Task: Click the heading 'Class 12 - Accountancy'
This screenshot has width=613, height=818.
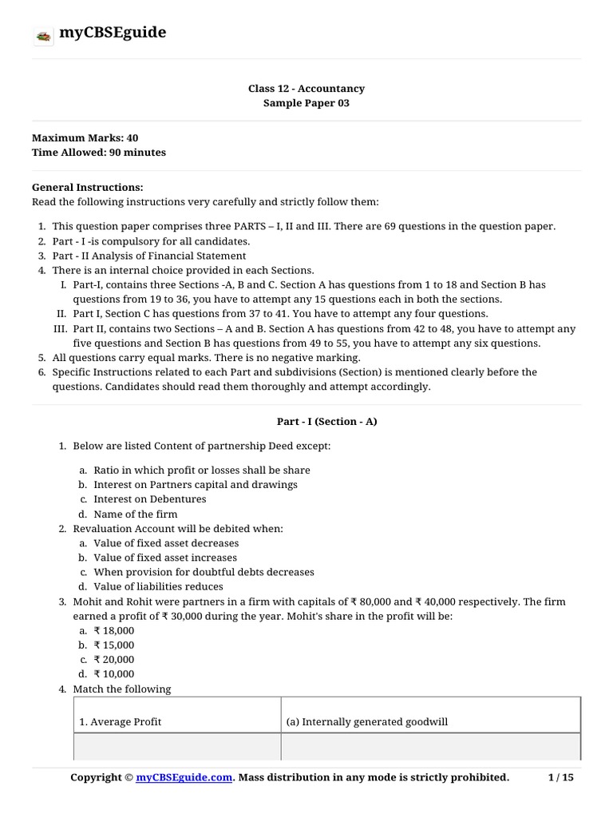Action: coord(306,89)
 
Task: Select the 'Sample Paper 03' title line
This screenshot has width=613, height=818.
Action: coord(306,103)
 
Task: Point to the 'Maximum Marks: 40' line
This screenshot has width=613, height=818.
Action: coord(85,138)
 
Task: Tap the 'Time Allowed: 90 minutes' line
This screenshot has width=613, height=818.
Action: coord(99,153)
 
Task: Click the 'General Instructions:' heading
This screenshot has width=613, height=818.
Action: coord(88,187)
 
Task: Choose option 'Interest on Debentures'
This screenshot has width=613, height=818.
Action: coord(149,499)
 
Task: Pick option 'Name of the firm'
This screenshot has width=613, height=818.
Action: coord(135,514)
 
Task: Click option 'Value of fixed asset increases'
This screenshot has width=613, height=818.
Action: coord(165,558)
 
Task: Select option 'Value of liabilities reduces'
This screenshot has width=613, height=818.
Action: coord(157,586)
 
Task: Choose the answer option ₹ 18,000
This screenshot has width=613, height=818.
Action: coord(114,630)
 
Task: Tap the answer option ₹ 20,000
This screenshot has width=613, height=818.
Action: coord(114,659)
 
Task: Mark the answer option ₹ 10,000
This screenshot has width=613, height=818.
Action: coord(114,674)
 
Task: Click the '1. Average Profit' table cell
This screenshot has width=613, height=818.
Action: coord(120,722)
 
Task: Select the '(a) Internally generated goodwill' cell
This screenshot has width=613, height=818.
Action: coord(367,722)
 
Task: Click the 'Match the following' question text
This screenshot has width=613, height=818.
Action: coord(121,689)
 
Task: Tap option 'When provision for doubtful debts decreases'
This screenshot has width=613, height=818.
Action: coord(204,572)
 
